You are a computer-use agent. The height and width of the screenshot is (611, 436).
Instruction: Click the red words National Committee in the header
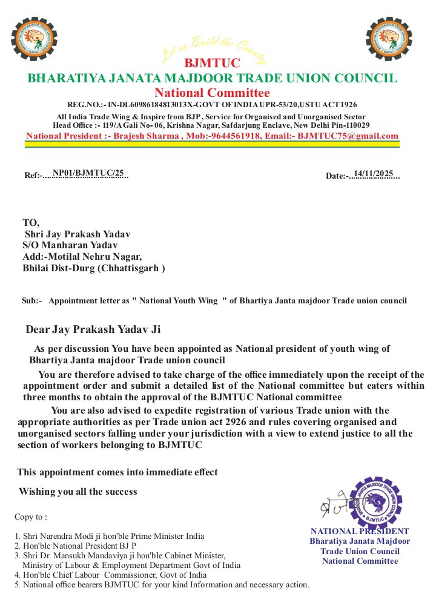pos(212,93)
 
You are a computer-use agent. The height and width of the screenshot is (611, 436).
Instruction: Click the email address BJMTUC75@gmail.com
pos(348,136)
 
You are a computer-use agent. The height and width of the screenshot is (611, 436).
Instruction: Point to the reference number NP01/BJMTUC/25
pos(88,173)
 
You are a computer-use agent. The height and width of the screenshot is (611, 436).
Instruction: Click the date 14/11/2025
pos(374,174)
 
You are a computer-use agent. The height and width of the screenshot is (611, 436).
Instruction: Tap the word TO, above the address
pos(31,222)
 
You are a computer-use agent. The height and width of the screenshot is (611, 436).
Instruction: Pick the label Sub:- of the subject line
pos(31,300)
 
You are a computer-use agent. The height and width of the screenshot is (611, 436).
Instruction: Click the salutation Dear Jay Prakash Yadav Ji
pos(93,329)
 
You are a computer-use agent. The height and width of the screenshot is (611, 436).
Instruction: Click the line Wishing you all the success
pos(78,491)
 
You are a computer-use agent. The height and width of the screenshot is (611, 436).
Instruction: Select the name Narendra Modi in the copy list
pos(65,536)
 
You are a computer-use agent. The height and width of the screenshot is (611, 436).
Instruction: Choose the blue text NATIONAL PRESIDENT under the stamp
pos(360,531)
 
